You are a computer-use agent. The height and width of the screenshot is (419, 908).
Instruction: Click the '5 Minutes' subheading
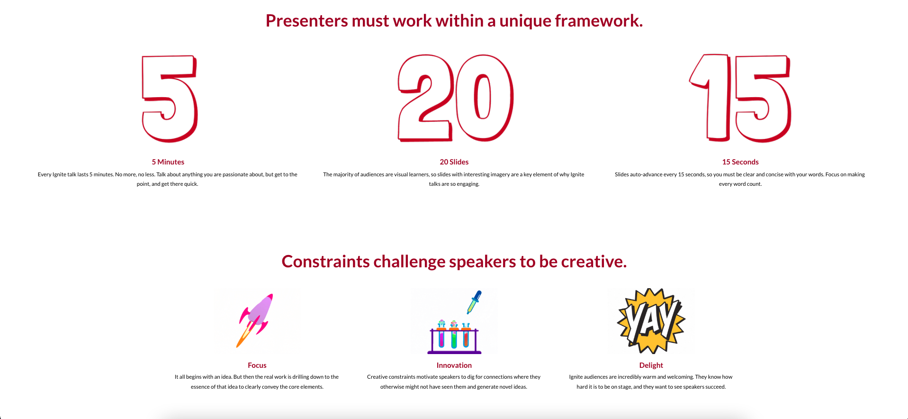168,162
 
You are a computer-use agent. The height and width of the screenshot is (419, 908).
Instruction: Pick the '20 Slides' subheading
454,162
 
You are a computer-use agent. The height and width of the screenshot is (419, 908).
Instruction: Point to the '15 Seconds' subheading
740,162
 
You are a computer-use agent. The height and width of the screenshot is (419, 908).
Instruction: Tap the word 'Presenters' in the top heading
307,21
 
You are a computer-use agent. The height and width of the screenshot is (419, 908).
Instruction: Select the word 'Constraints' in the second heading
325,262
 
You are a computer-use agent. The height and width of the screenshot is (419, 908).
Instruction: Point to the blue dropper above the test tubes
474,302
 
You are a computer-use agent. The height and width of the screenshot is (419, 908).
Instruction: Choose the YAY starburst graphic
651,321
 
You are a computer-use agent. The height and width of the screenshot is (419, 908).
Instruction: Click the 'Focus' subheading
257,365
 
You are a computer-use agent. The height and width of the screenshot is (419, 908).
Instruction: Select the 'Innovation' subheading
454,365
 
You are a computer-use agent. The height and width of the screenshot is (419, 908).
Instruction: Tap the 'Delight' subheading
651,365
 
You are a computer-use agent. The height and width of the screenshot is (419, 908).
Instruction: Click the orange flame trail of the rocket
244,336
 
